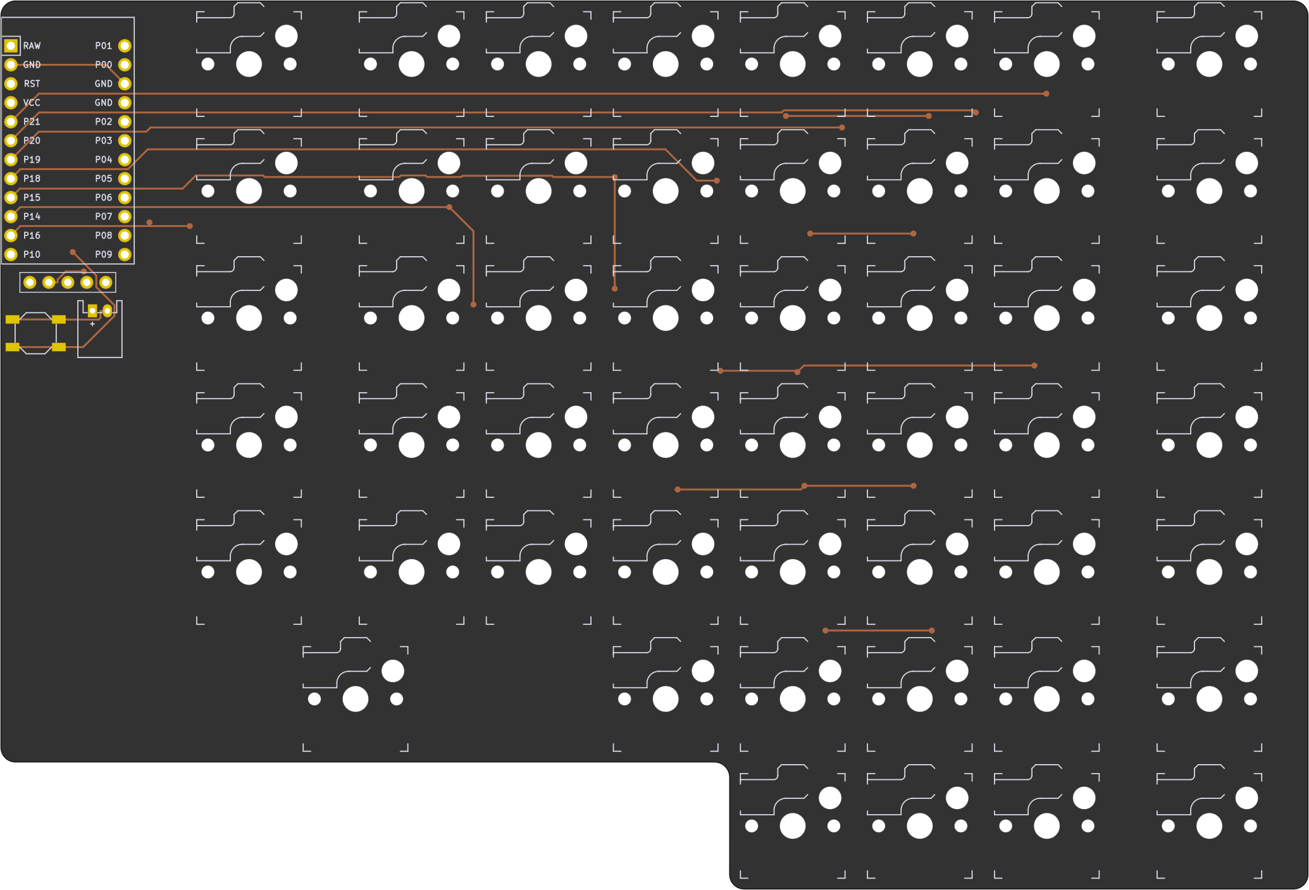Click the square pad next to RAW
coord(11,46)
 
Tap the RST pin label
coord(32,83)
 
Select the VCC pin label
coord(32,102)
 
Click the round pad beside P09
coord(125,254)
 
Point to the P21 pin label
coord(32,121)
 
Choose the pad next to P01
coord(125,46)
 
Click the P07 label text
coord(103,216)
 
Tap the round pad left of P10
coord(11,254)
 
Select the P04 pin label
coord(103,159)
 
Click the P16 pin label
coord(32,235)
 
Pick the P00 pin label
coord(103,65)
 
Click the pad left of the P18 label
coord(11,178)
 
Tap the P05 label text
coord(103,178)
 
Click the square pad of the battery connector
coord(92,311)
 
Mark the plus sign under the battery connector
coord(92,324)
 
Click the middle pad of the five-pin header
coord(68,282)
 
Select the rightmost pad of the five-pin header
coord(106,282)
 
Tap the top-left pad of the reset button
coord(13,319)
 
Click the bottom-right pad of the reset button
coord(59,347)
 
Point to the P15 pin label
coord(32,197)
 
